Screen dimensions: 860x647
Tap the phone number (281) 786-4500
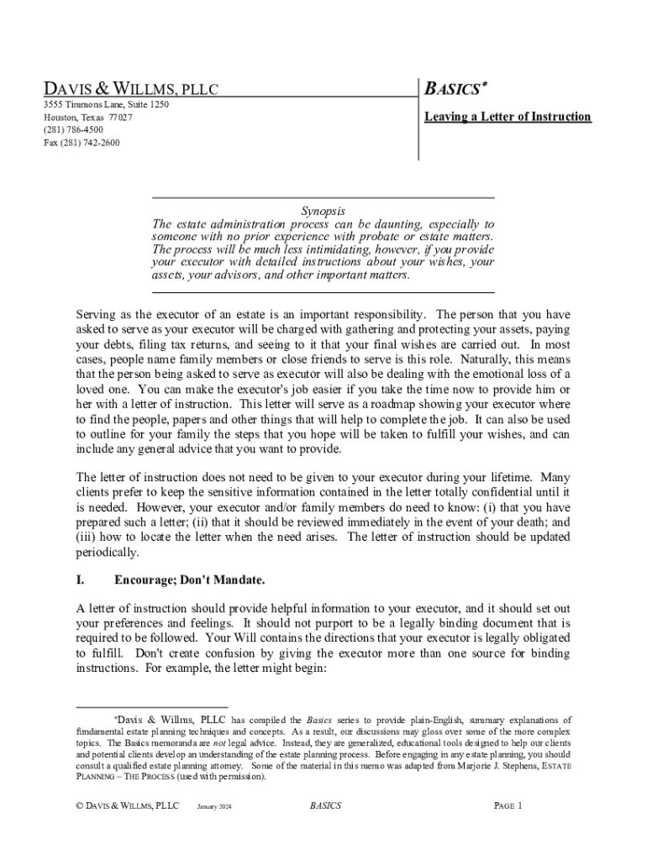click(74, 130)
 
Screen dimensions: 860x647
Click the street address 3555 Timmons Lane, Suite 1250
click(106, 105)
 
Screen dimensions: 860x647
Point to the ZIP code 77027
click(119, 118)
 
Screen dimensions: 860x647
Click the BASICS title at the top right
click(456, 89)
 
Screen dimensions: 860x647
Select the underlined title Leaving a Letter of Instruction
click(508, 117)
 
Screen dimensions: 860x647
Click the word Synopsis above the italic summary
click(323, 211)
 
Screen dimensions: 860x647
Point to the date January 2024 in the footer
click(213, 807)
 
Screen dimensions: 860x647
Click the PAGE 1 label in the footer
click(508, 806)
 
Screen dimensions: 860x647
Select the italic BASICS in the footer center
click(325, 806)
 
